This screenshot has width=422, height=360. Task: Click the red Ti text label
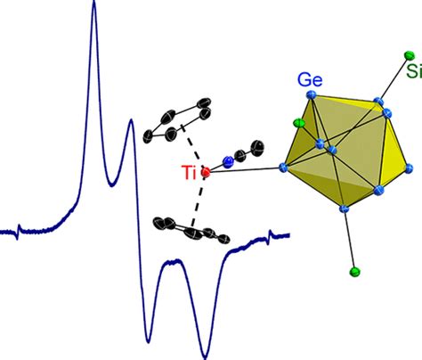(190, 173)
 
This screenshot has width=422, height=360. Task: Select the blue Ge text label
(310, 79)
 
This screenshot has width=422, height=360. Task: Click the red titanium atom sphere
(206, 172)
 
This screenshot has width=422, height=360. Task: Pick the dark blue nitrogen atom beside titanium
(228, 162)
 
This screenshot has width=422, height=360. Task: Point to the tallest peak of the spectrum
(94, 4)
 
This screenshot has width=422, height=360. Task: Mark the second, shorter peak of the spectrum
(131, 121)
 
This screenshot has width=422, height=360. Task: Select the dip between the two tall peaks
(111, 184)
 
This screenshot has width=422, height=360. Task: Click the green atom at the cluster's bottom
(355, 272)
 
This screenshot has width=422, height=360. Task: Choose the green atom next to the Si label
(410, 55)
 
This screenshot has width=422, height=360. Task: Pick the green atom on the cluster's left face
(299, 122)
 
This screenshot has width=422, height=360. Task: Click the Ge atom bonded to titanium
(283, 168)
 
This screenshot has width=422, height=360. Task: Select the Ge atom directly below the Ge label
(312, 94)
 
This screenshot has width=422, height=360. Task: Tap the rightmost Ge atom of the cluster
(409, 168)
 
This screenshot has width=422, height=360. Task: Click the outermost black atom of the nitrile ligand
(257, 147)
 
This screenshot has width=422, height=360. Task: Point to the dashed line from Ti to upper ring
(193, 148)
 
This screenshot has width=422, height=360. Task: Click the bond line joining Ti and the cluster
(245, 169)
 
